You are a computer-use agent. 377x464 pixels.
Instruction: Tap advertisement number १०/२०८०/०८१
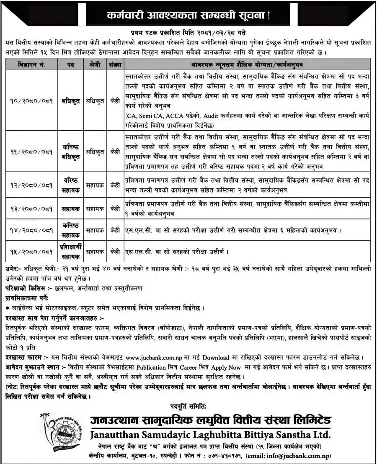click(31, 101)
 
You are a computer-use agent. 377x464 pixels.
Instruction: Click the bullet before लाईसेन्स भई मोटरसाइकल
click(8, 308)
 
